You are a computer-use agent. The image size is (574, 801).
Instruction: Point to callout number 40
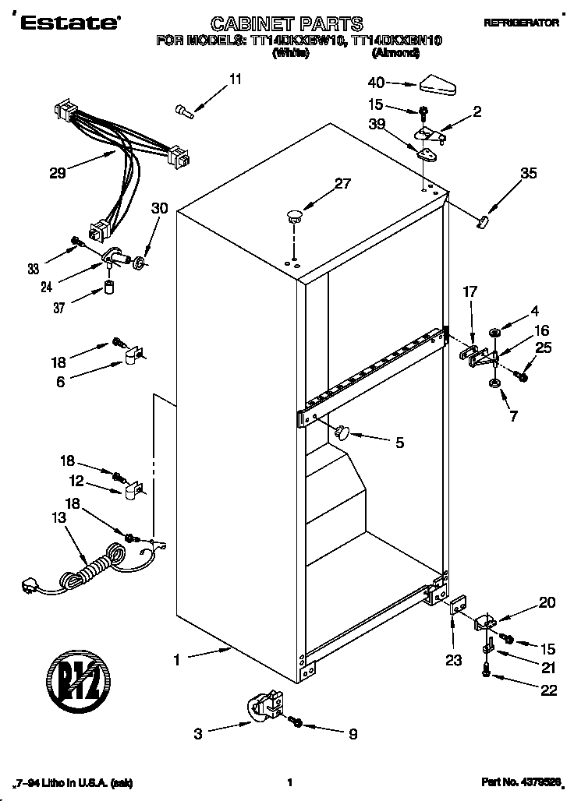377,82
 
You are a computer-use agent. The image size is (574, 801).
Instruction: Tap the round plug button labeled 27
294,214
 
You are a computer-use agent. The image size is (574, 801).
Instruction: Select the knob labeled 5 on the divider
343,432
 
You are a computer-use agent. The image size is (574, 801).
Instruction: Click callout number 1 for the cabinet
177,660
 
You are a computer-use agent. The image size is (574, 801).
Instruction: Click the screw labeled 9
296,722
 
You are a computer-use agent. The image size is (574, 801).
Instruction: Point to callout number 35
529,174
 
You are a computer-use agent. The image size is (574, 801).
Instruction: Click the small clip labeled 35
481,222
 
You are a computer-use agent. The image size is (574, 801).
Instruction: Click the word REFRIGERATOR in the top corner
521,23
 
